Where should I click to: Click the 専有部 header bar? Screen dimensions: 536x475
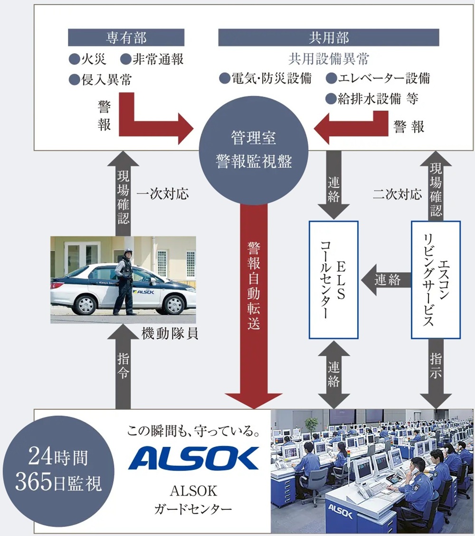click(x=126, y=37)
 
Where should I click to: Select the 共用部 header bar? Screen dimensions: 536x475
click(x=328, y=37)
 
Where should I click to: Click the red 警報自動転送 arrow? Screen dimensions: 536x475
click(x=254, y=304)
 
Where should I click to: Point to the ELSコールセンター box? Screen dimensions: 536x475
click(x=333, y=280)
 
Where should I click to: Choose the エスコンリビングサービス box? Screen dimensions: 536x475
click(x=435, y=280)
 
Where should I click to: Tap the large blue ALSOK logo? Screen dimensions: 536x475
click(x=193, y=458)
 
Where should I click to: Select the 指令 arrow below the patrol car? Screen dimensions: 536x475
click(x=123, y=365)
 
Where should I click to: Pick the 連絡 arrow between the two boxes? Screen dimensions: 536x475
click(x=386, y=280)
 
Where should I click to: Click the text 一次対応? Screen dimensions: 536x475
click(x=162, y=194)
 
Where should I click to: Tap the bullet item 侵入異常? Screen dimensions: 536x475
click(x=100, y=79)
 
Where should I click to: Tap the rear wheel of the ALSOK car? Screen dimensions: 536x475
click(x=85, y=304)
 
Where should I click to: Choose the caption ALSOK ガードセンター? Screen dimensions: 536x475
click(x=193, y=500)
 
